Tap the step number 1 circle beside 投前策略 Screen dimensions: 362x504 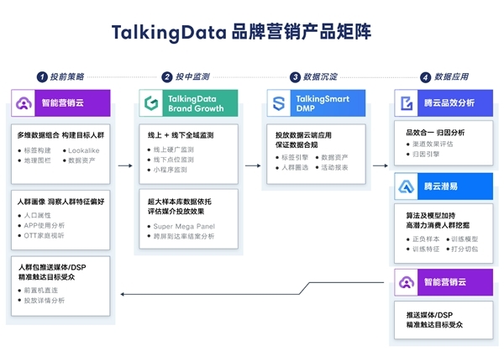[41, 76]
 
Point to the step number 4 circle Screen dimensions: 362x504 [426, 76]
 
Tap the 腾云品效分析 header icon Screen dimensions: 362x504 [407, 103]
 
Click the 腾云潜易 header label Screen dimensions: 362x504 [444, 186]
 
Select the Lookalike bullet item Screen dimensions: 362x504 [83, 150]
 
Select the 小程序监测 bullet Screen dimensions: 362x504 [173, 168]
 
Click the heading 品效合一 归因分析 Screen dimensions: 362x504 [435, 132]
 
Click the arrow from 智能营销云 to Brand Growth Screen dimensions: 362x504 [125, 166]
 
